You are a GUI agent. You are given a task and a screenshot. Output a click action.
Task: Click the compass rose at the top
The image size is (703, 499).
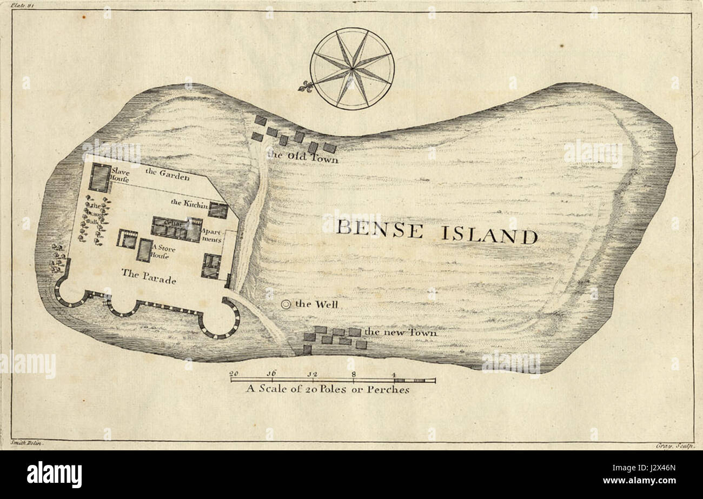click(352, 69)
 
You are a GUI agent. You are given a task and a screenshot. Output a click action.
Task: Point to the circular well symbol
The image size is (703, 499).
click(287, 304)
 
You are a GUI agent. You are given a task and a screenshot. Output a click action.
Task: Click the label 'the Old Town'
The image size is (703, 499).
click(303, 157)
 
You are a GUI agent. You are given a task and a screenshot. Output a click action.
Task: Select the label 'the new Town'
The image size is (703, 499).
click(401, 332)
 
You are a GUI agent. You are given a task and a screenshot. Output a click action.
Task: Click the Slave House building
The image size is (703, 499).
click(99, 177)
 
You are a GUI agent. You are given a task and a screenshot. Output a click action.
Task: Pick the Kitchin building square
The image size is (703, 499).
click(218, 210)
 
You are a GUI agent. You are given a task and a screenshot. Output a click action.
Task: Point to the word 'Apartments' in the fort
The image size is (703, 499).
click(211, 235)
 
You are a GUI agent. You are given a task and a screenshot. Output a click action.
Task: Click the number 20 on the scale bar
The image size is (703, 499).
click(234, 374)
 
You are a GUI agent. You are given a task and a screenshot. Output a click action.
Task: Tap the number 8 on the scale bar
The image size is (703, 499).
click(353, 374)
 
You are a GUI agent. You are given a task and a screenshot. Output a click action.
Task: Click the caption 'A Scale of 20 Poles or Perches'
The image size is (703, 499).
click(328, 389)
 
